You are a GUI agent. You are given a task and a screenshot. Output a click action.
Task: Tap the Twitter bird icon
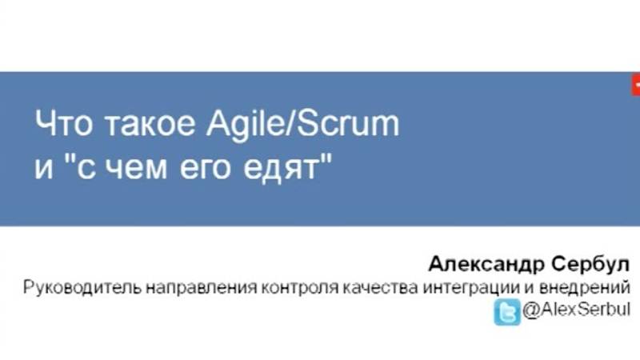(x=506, y=310)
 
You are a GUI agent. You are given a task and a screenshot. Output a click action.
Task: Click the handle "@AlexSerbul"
(x=576, y=310)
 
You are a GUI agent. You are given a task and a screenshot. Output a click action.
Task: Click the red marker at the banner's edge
(x=636, y=82)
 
